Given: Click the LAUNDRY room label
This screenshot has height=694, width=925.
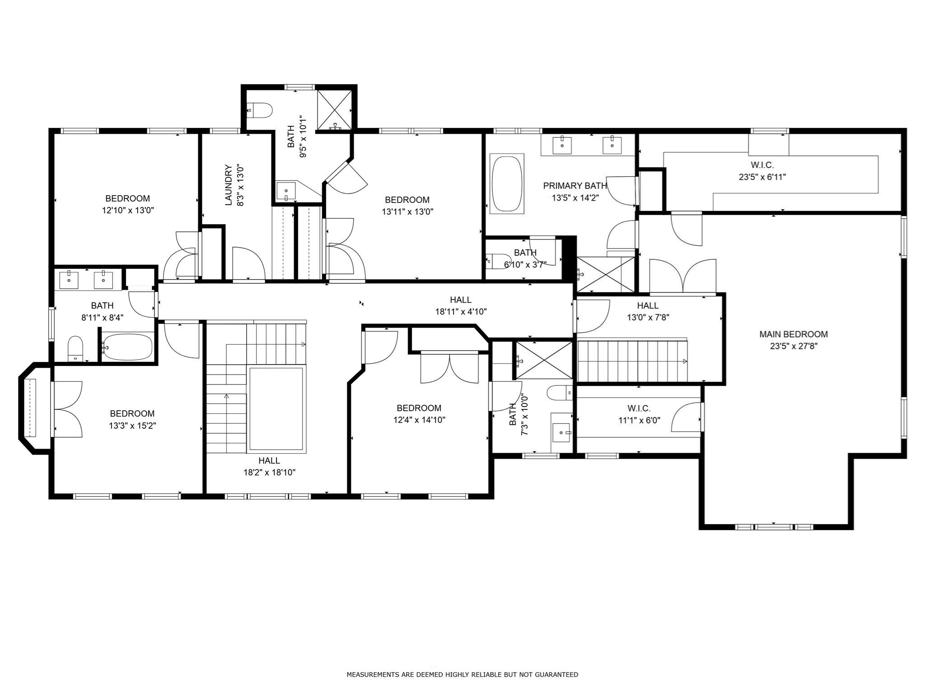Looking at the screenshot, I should coord(229,185).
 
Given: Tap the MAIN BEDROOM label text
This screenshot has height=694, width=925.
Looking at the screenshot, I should coord(793,334).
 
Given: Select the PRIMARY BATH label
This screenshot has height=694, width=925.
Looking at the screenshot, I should coord(575,186).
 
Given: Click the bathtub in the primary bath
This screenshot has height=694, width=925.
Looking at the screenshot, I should coord(507,183).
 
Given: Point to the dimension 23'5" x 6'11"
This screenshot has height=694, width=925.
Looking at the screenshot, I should coord(762,177).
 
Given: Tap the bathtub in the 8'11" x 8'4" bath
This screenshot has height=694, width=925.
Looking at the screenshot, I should coord(127,347).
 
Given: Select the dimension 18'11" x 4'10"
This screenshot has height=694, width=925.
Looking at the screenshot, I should coord(461,311).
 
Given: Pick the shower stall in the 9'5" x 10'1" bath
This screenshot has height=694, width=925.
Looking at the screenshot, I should coord(334,110).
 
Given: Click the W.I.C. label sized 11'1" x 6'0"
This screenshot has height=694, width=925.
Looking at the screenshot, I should coord(639,408).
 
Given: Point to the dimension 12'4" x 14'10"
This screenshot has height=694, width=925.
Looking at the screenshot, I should coord(419,420).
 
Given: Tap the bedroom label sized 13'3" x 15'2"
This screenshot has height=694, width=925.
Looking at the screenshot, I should coord(132,413).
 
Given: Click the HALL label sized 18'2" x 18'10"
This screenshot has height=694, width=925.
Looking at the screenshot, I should coord(269,460).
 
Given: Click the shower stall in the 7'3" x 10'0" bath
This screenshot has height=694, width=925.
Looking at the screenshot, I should coord(543,360).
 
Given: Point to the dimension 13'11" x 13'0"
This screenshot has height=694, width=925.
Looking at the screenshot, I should coord(407,211).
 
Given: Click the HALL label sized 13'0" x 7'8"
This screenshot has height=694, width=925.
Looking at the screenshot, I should coord(648,306).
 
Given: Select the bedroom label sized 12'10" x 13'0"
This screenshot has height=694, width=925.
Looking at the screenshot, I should coord(127,198).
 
